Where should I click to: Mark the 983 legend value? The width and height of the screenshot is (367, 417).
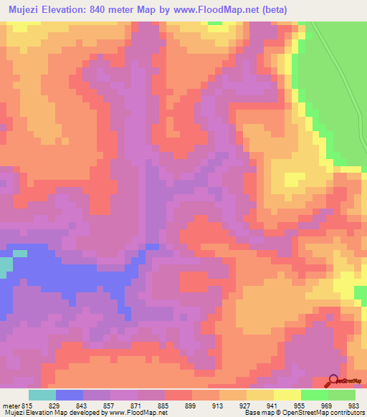point(353,404)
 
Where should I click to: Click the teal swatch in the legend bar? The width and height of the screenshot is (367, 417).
point(42,395)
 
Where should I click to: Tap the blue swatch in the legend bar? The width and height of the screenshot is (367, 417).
point(70,395)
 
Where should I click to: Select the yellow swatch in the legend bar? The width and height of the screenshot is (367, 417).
point(287,395)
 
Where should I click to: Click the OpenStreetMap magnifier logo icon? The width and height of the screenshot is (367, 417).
point(334,381)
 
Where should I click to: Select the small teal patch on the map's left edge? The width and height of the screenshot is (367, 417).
point(6,267)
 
